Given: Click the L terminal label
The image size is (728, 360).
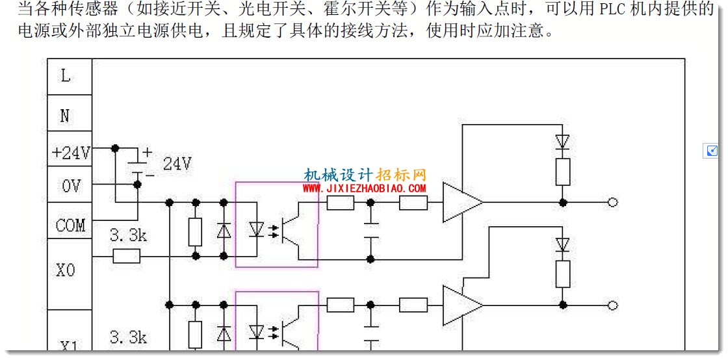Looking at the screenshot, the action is click(66, 76).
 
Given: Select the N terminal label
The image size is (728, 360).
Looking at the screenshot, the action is click(65, 116).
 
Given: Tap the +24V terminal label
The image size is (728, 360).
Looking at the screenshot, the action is click(70, 153).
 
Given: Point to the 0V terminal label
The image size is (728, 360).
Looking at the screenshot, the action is click(71, 186).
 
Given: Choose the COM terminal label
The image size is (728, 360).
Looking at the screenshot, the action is click(71, 226).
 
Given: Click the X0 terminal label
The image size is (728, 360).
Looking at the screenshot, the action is click(66, 270).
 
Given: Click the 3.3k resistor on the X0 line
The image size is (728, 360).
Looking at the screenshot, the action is click(126, 255).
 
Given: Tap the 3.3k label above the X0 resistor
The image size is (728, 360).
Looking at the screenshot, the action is click(128, 236).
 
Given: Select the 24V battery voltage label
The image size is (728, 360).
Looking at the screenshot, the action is click(177, 163).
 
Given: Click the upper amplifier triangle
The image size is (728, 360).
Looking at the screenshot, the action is click(462, 202).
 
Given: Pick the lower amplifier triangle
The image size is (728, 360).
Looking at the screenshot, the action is click(462, 305).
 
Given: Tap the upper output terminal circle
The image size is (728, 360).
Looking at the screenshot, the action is click(612, 202).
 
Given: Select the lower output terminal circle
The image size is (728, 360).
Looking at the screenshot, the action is click(612, 305).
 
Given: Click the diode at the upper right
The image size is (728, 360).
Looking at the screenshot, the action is click(563, 142).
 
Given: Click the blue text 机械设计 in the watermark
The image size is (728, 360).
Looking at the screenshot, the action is click(339, 174).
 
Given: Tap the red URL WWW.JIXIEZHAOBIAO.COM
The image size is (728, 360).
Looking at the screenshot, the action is click(365, 188).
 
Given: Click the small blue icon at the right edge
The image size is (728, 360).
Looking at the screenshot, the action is click(711, 151).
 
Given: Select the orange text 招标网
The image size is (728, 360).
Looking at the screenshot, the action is click(400, 174).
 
